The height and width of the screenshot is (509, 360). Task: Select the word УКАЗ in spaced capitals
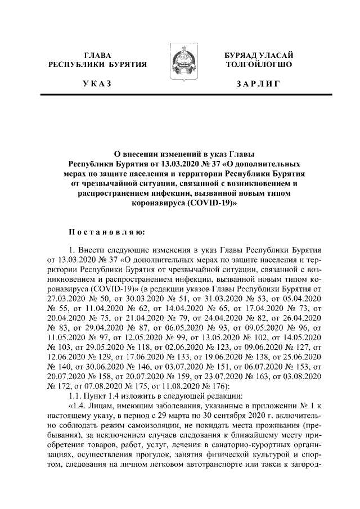97,84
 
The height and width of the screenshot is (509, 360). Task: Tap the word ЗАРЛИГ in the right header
258,84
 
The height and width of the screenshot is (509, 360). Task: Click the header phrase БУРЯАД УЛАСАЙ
258,55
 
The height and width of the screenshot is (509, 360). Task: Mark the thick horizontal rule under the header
180,95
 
